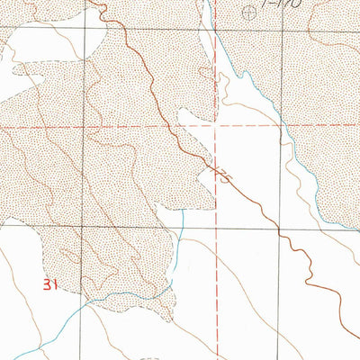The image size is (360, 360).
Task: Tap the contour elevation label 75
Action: [x=223, y=173]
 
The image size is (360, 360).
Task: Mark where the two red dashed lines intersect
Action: [x=216, y=126]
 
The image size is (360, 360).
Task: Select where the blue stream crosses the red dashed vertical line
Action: [x=216, y=42]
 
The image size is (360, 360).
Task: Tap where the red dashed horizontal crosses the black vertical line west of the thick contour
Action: [x=87, y=126]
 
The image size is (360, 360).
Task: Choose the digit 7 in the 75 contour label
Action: [x=220, y=169]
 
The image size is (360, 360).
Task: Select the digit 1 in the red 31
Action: [x=55, y=285]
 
